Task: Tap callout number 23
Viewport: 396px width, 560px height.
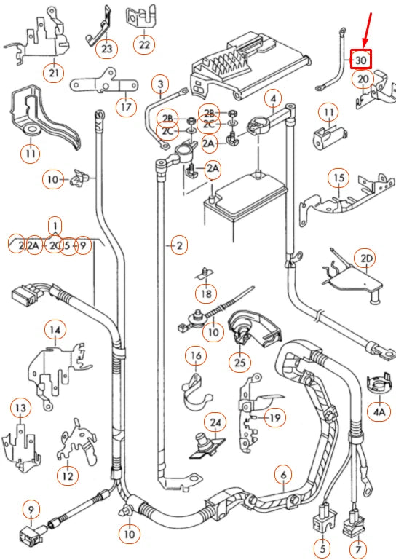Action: tap(108, 49)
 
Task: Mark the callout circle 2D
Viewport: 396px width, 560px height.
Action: tap(365, 259)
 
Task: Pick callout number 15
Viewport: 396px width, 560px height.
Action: tap(338, 178)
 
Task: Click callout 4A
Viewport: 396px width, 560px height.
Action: tap(379, 411)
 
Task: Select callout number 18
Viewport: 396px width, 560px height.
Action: tap(205, 293)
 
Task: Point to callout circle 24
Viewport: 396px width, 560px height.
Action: tap(215, 422)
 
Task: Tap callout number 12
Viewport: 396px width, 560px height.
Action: tap(67, 476)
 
